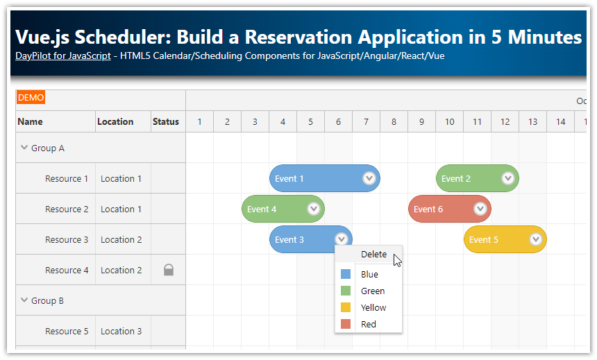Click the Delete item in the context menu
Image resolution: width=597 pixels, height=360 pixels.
coord(373,255)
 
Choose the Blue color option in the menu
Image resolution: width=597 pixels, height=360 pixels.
coord(369,275)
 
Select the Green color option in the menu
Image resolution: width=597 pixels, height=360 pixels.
coord(372,291)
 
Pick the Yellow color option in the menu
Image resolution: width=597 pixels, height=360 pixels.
coord(373,308)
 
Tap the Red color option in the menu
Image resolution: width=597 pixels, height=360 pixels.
coord(368,325)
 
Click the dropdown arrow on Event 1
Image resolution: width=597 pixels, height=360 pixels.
coord(369,178)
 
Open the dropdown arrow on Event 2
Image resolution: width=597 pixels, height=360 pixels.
coord(508,178)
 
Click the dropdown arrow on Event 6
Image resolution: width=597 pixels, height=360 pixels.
coord(480,209)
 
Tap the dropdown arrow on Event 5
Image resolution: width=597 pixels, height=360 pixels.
coord(536,239)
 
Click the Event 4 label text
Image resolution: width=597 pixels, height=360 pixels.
coord(262,209)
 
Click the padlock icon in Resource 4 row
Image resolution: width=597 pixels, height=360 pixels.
coord(169,270)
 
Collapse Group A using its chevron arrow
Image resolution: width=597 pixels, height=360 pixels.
coord(24,148)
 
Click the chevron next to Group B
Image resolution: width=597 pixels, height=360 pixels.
coord(24,300)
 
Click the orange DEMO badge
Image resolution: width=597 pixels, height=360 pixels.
coord(31,98)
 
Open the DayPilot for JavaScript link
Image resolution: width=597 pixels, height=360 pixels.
coord(62,56)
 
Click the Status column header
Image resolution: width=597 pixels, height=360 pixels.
coord(166,121)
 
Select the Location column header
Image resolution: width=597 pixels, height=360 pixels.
coord(115,121)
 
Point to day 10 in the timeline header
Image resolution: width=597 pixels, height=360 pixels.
coord(450,122)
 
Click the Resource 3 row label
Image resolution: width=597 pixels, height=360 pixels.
coord(67,239)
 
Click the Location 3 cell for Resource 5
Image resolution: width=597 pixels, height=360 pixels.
coord(121,331)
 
